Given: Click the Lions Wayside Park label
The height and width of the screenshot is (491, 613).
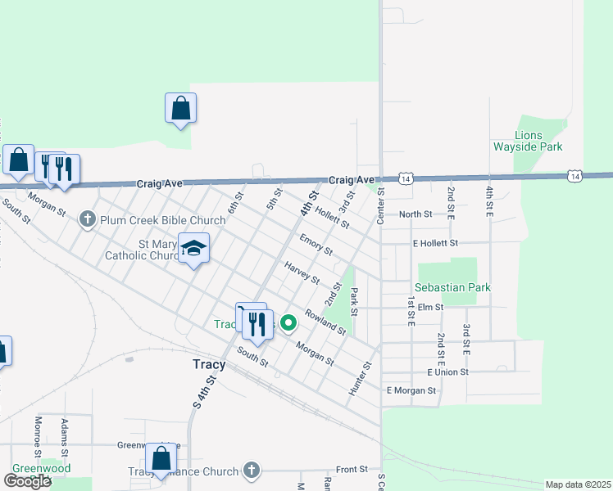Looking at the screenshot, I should (538, 141).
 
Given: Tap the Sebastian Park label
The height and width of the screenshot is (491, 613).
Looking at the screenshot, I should (452, 288).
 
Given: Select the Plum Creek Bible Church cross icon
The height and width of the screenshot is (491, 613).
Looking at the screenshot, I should (89, 219).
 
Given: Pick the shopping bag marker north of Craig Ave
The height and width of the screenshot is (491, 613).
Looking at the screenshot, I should (180, 108).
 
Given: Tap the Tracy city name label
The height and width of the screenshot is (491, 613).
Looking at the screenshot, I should (208, 364).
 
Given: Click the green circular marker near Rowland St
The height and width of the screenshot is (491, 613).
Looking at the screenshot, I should (288, 323).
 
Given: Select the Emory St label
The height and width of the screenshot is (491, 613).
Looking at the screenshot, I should (316, 244).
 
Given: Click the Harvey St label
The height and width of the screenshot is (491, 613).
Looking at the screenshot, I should (302, 272).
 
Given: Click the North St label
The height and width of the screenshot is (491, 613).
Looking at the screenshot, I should (415, 214).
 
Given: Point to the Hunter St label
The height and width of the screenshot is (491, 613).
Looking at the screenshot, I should (361, 379).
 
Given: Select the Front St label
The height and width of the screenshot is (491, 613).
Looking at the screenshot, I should (352, 469).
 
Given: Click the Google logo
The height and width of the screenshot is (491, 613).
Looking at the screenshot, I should (27, 481).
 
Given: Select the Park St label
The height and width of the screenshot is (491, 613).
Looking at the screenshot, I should (354, 300).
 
